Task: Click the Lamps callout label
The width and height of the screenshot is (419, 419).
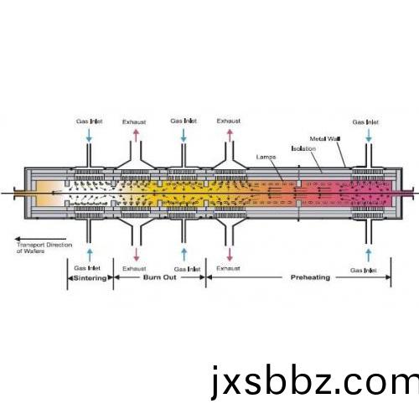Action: [266, 158]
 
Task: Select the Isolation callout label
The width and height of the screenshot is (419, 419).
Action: [303, 148]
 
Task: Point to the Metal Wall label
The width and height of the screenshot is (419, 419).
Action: [325, 139]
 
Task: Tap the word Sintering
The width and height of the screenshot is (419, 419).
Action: [90, 278]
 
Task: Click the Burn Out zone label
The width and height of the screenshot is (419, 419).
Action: [160, 277]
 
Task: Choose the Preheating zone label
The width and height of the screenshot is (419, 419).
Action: [310, 277]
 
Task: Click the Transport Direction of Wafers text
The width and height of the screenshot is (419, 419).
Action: [44, 248]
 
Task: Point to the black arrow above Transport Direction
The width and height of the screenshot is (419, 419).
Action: [40, 239]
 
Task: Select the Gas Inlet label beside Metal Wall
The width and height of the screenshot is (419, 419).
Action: [365, 122]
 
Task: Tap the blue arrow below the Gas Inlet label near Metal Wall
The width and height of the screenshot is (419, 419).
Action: [369, 136]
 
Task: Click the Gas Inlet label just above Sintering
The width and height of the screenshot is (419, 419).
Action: [87, 268]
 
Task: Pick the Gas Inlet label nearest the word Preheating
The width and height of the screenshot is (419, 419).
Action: [364, 271]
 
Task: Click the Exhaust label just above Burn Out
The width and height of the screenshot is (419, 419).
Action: [134, 269]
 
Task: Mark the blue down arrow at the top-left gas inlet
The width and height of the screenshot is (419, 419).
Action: [89, 136]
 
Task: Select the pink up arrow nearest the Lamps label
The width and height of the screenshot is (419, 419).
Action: [230, 136]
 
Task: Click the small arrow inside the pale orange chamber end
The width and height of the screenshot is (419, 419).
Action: [56, 193]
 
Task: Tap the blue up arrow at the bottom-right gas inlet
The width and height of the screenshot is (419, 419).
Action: [369, 255]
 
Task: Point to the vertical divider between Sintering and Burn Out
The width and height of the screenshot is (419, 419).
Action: [113, 274]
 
